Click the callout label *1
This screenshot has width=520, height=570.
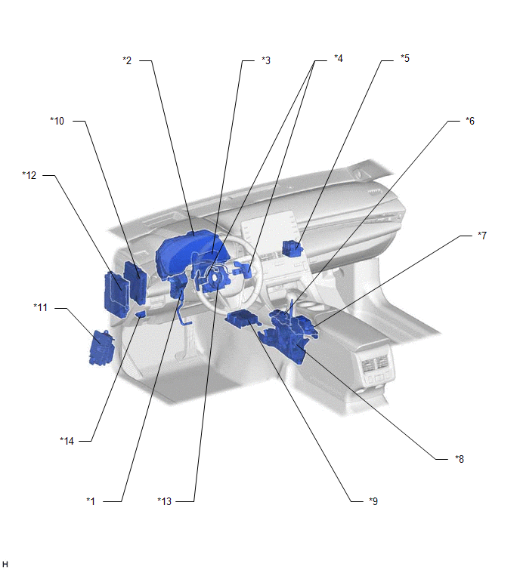[91, 501]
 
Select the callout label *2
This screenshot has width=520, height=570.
[127, 60]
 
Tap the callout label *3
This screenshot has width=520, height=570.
[266, 60]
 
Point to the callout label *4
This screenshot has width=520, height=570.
[339, 58]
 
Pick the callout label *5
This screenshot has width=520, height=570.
[405, 58]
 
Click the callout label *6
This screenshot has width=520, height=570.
[470, 121]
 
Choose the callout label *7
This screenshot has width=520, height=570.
[482, 236]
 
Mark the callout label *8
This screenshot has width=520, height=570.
[460, 459]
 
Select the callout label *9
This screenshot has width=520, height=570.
[373, 501]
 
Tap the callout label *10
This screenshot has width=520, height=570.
[57, 121]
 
